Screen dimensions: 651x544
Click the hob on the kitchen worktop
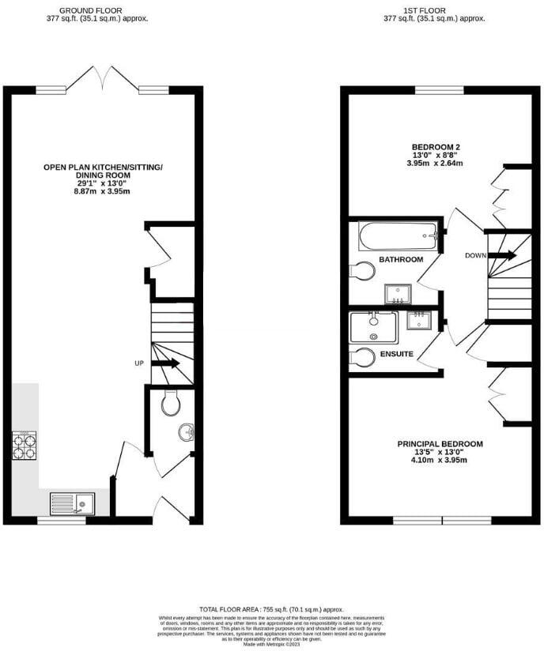coord(24,446)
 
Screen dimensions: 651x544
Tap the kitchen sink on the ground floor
coord(72,503)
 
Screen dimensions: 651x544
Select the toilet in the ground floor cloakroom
coord(170,405)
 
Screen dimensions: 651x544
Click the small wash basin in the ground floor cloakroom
coord(187,433)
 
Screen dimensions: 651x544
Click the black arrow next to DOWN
coord(502,255)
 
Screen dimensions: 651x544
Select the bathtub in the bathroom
coord(397,235)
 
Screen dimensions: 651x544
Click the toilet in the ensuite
coord(363,357)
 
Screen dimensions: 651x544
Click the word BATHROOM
coord(400,259)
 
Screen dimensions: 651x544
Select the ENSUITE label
coord(396,354)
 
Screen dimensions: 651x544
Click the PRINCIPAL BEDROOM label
coord(440,444)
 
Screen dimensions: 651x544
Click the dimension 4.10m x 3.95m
coord(440,461)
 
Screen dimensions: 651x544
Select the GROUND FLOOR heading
coord(96,10)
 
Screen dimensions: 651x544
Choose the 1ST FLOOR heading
coord(434,10)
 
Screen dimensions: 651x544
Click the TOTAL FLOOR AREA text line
coord(271,610)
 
